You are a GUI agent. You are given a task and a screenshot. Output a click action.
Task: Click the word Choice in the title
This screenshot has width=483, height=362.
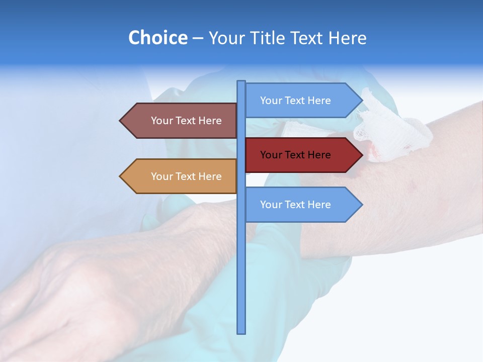coord(157,38)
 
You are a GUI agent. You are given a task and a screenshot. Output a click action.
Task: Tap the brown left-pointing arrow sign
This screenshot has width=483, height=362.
coord(181,121)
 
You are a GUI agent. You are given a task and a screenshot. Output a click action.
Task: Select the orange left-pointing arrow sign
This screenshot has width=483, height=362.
coord(181,176)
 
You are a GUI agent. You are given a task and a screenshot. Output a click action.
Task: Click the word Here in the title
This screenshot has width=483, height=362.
coord(347,38)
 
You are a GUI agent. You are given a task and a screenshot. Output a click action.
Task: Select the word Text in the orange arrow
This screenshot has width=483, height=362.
coord(186,176)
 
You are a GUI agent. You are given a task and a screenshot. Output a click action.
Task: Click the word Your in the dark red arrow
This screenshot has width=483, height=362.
coord(271,155)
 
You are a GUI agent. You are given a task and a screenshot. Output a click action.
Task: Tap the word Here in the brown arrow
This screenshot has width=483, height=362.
coord(210,121)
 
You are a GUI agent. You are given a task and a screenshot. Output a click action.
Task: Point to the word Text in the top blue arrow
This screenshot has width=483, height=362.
coord(295,101)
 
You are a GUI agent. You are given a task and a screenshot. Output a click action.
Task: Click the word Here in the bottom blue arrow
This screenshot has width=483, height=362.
coord(319,205)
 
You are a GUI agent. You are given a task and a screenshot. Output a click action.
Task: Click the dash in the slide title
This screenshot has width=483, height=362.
coord(198,38)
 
